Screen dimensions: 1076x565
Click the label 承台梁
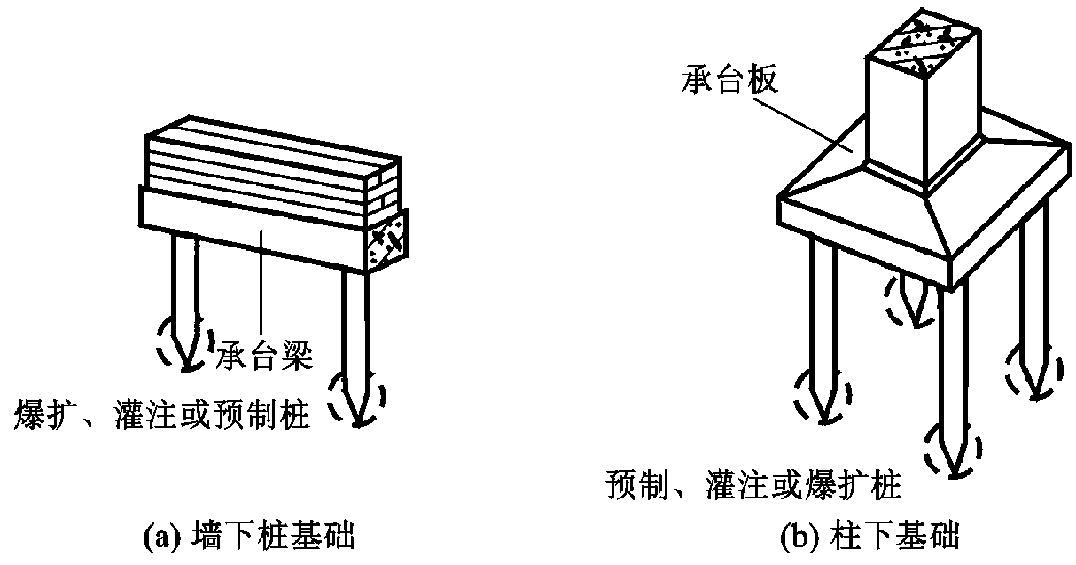(264, 356)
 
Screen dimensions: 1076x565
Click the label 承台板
(729, 80)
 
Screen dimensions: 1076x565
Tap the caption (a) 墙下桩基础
(249, 535)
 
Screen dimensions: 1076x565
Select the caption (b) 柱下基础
(869, 535)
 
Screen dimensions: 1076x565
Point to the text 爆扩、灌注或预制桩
(162, 414)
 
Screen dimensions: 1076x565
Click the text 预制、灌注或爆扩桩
(753, 484)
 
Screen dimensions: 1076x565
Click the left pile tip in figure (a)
(186, 369)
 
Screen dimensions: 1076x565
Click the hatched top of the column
(923, 47)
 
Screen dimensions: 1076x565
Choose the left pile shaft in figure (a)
(186, 288)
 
